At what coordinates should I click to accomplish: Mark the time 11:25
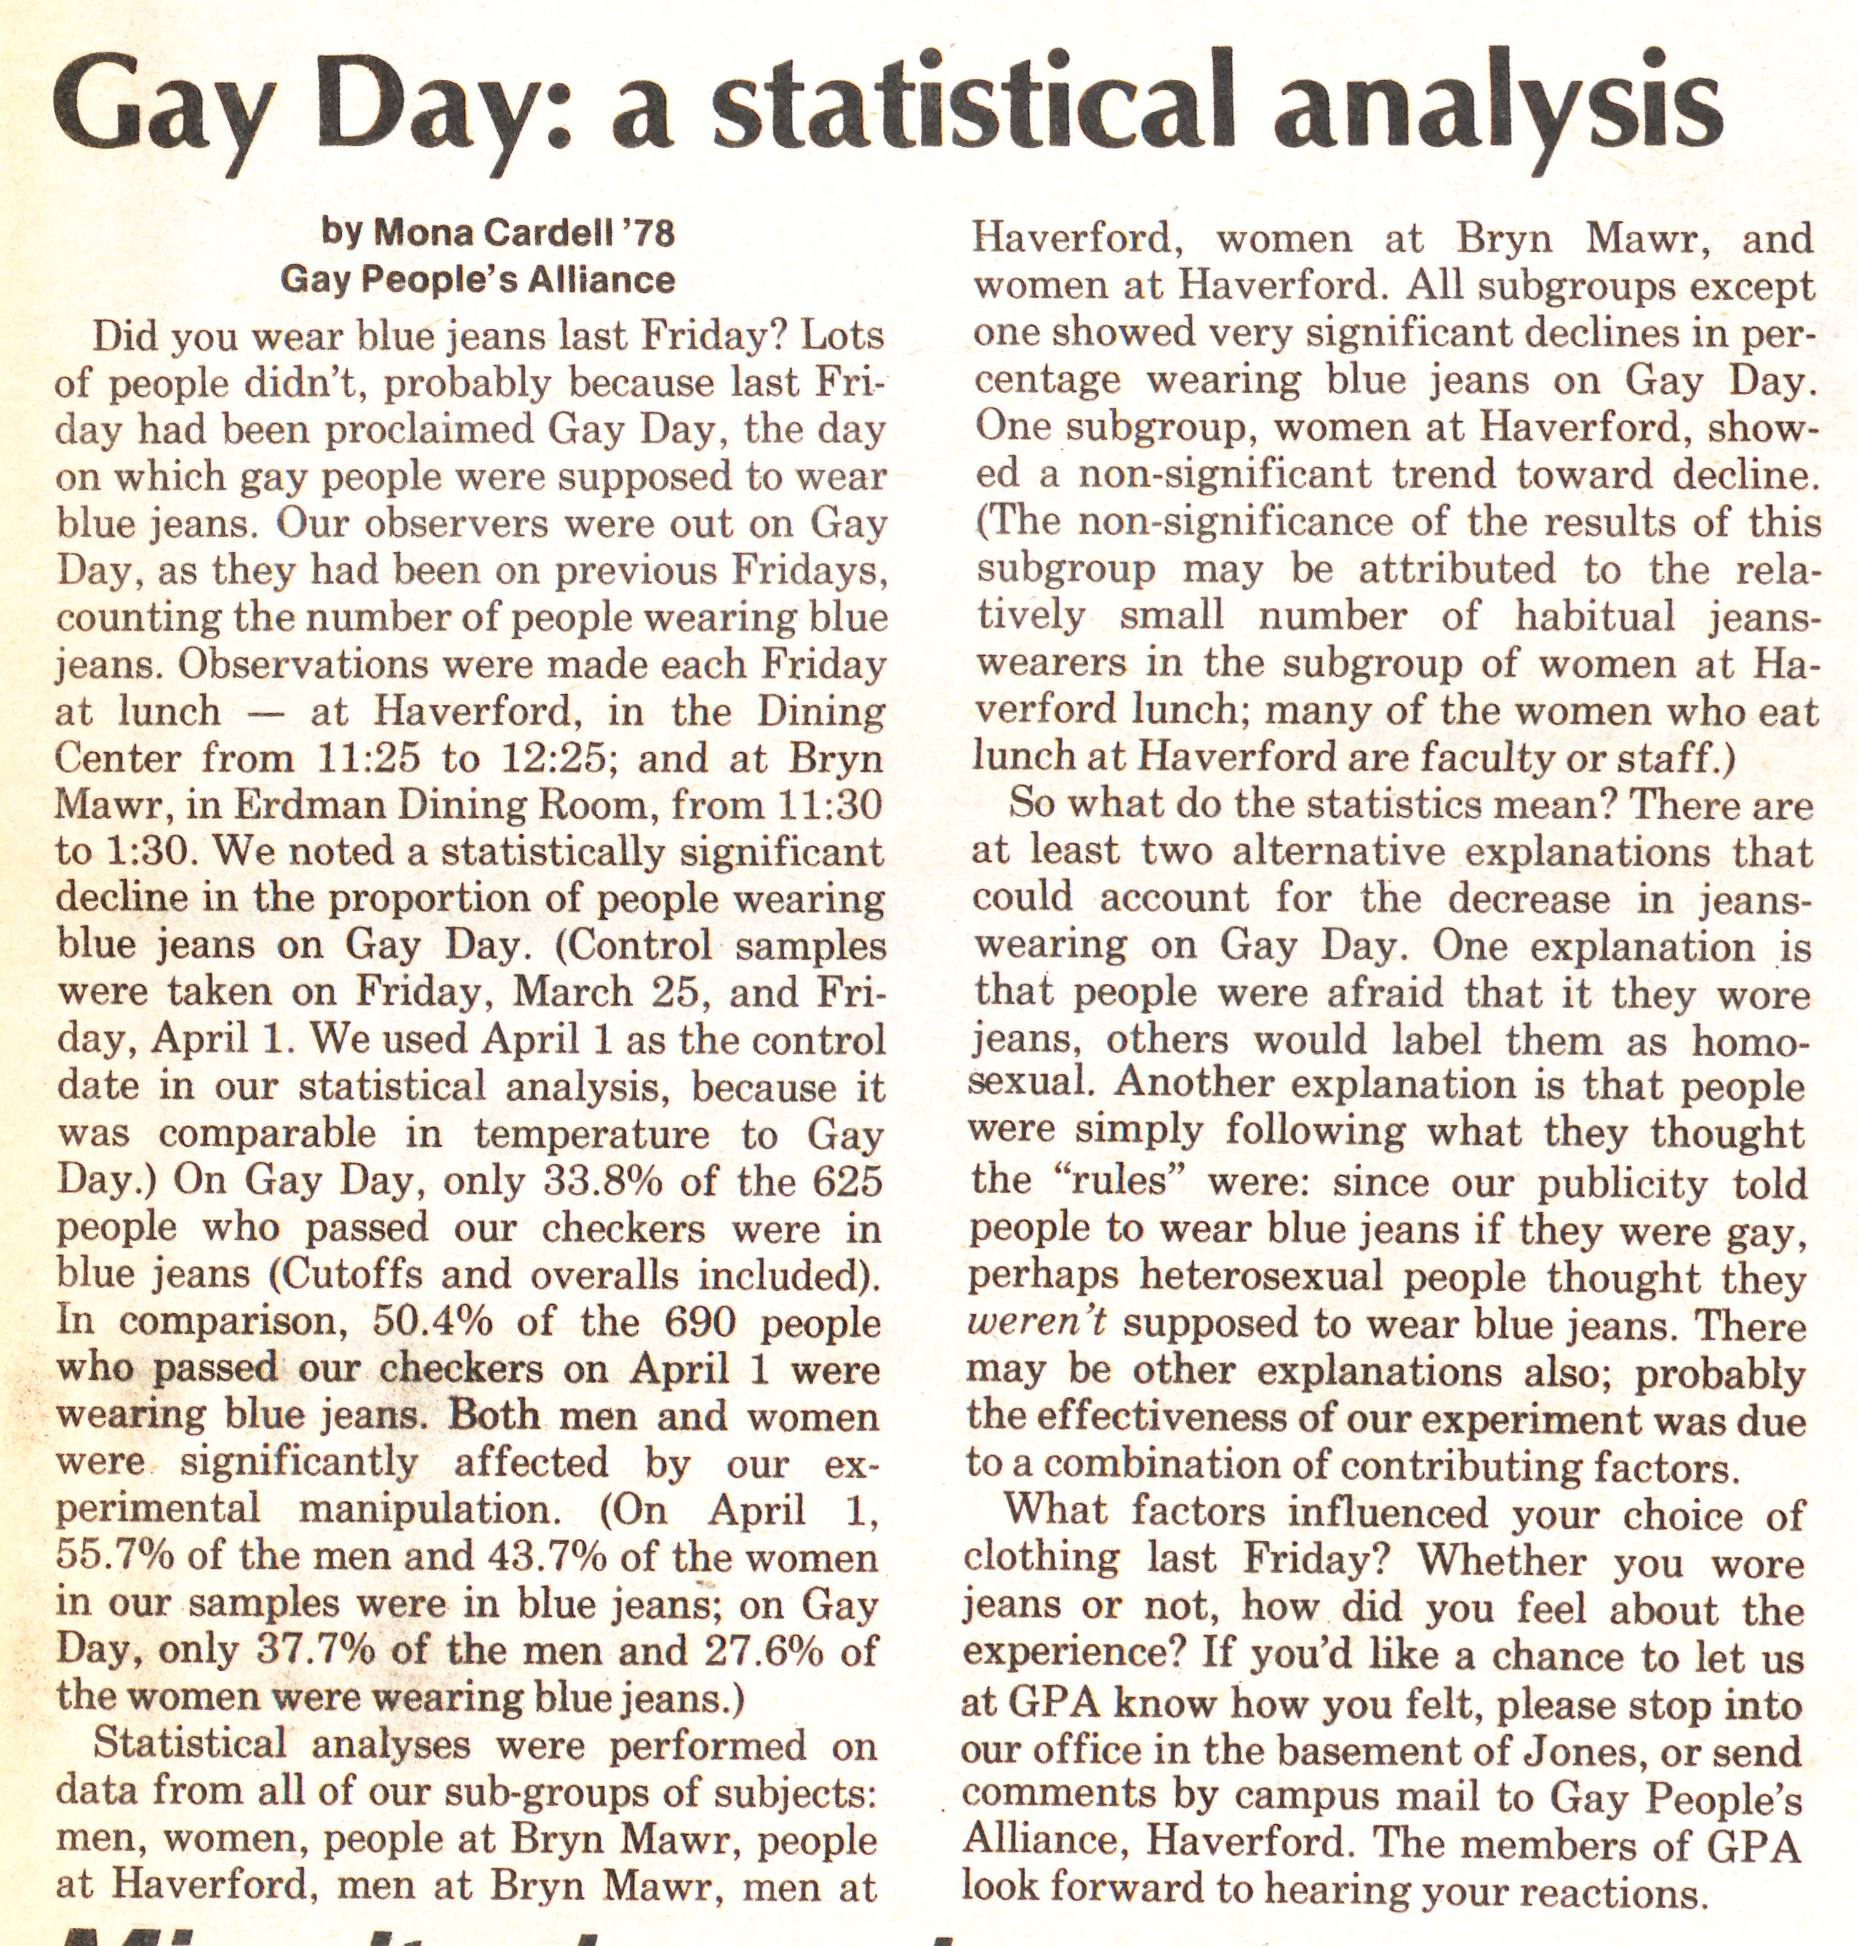pos(366,759)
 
